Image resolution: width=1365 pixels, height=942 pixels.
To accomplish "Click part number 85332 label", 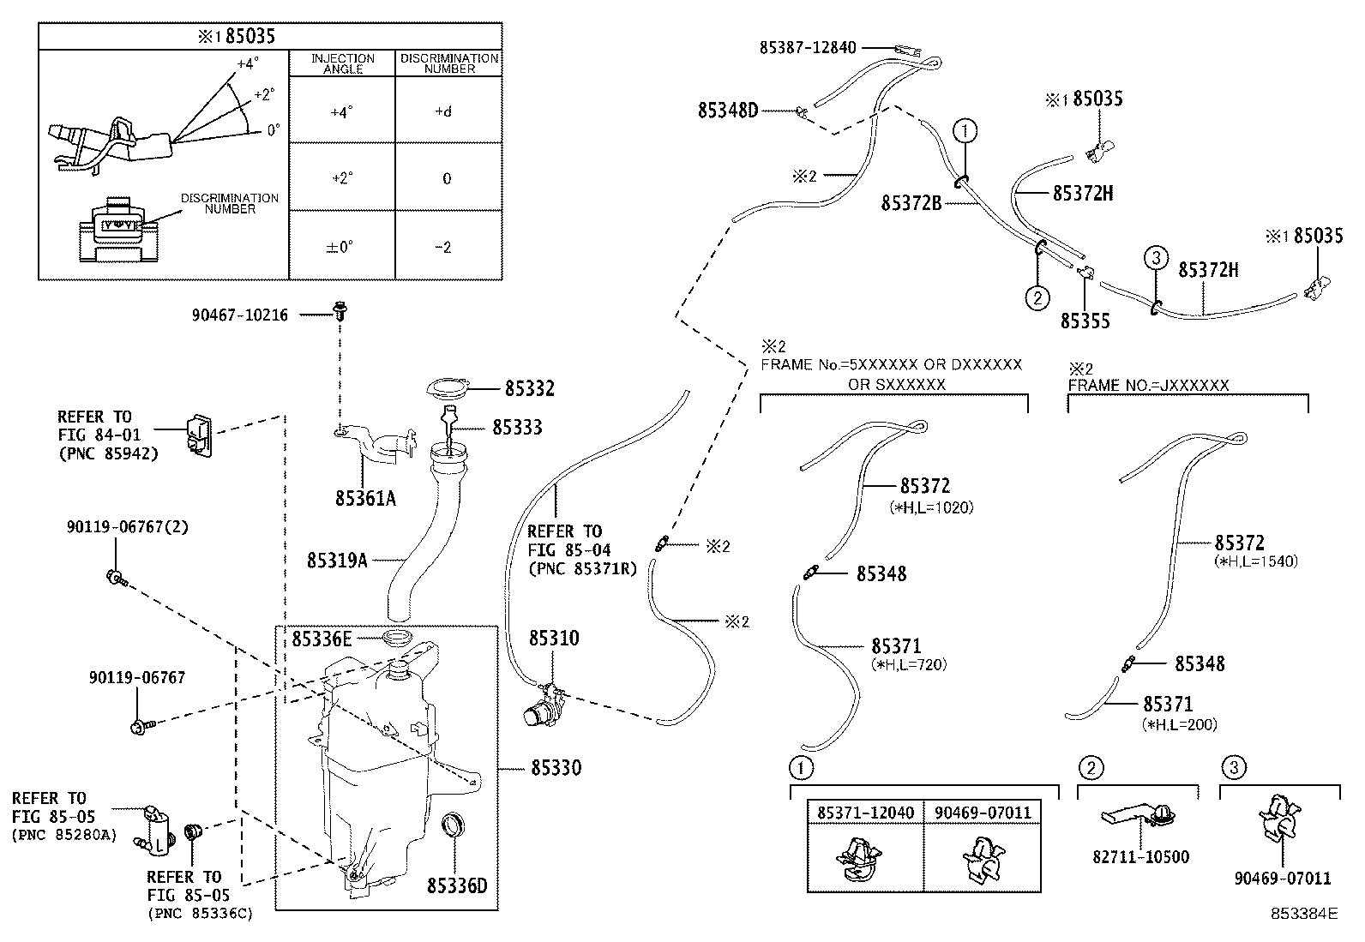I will pyautogui.click(x=529, y=389).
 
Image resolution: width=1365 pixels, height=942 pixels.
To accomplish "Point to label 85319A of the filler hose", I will pyautogui.click(x=337, y=560).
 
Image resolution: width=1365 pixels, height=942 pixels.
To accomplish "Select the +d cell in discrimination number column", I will pyautogui.click(x=442, y=111).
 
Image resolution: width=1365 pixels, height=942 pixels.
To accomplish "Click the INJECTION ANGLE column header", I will pyautogui.click(x=342, y=63).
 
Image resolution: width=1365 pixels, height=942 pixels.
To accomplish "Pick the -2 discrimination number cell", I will pyautogui.click(x=442, y=248).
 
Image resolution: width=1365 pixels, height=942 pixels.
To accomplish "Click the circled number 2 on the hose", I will pyautogui.click(x=1037, y=297).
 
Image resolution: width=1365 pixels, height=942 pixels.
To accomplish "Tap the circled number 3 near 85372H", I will pyautogui.click(x=1155, y=256).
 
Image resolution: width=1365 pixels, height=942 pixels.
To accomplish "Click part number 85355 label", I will pyautogui.click(x=1085, y=321).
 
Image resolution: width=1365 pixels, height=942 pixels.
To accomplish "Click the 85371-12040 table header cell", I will pyautogui.click(x=865, y=812).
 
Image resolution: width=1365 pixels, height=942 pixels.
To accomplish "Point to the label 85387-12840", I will pyautogui.click(x=807, y=47).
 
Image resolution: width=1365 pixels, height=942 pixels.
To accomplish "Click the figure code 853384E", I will pyautogui.click(x=1303, y=914).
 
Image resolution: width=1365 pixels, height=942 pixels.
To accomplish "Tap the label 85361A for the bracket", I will pyautogui.click(x=365, y=498).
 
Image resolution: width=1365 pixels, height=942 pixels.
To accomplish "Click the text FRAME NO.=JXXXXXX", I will pyautogui.click(x=1148, y=386).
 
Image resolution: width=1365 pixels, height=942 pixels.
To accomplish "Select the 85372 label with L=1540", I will pyautogui.click(x=1239, y=543).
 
